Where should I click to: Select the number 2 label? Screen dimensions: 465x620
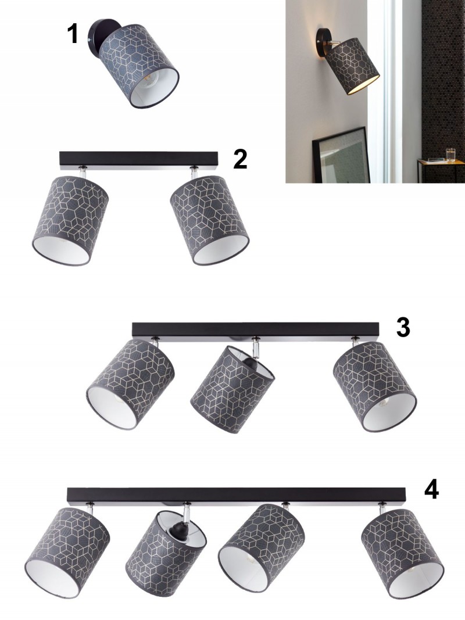pos(240,159)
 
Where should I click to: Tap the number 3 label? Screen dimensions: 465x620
pos(403,327)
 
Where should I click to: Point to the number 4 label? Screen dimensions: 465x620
pos(431,489)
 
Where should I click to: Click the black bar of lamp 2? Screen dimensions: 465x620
pos(139,159)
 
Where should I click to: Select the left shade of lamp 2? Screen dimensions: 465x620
pos(70,220)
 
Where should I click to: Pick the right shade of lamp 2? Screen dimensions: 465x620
pos(210,220)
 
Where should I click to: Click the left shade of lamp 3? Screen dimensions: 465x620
pos(130,384)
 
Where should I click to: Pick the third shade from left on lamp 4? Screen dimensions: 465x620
pos(262,548)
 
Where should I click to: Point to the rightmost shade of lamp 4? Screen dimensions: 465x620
pos(403,554)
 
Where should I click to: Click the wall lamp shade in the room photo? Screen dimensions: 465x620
pos(352,66)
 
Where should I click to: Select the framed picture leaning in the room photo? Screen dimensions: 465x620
pos(341,155)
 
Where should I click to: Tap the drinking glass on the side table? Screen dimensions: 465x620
pos(451,154)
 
